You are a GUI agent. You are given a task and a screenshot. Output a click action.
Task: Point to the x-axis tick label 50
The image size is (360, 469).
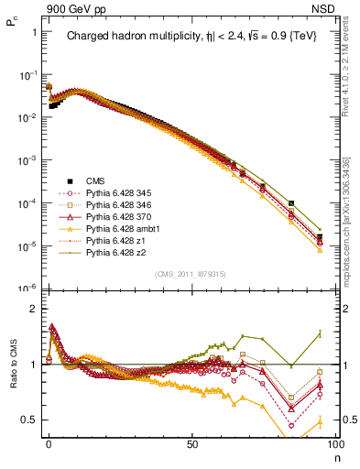(x=191, y=444)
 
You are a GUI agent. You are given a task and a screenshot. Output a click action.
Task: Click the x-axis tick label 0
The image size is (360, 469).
(x=49, y=444)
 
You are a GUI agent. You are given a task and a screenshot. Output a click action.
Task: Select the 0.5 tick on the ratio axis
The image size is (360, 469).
(x=29, y=420)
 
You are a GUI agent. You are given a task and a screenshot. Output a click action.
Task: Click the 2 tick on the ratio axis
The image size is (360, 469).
(x=33, y=309)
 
